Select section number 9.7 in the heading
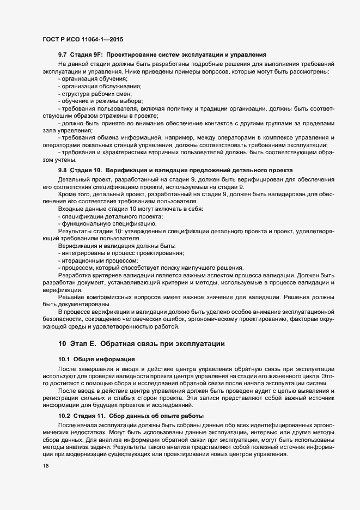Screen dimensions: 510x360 click(63, 55)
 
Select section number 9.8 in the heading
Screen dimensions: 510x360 click(63, 171)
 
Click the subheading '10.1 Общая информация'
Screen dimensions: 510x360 click(94, 361)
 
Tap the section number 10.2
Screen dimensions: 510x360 click(64, 416)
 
